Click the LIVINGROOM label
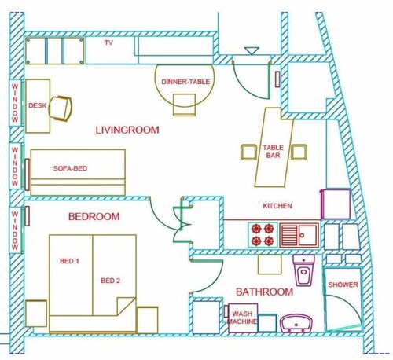coord(127,130)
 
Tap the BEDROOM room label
coord(94,217)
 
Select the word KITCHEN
coord(277,206)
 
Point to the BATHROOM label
coord(264,292)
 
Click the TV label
coord(108,42)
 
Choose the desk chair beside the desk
coord(61,108)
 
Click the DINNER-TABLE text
coord(185,82)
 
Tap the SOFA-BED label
coord(70,168)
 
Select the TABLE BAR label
coord(274,151)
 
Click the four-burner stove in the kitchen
coord(263,235)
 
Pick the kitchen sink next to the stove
coord(299,235)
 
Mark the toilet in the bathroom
coord(303,270)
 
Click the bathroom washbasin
coord(296,324)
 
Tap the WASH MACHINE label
coord(242,318)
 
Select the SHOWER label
coord(343,285)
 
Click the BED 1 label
coord(69,261)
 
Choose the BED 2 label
coord(110,281)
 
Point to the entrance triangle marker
coord(252,51)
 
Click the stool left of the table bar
coord(248,152)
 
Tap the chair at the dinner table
coord(184,105)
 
